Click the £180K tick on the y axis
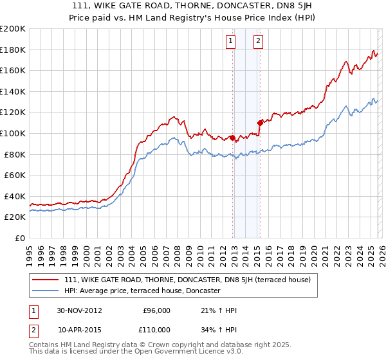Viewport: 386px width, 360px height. [14, 50]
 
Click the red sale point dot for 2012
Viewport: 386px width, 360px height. [232, 137]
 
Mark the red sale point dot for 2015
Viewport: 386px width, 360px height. [260, 122]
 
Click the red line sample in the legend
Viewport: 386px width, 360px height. [46, 280]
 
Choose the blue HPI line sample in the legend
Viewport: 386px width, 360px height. [46, 291]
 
